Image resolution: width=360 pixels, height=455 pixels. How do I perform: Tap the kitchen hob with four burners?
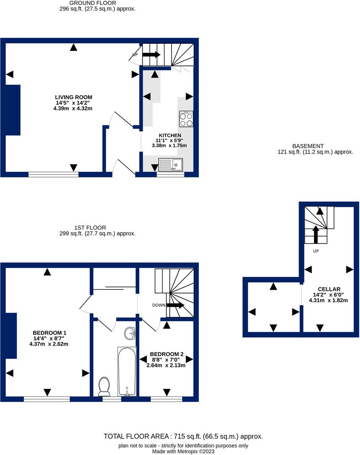pyautogui.click(x=186, y=119)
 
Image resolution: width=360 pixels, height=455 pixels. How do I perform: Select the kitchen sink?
pyautogui.click(x=170, y=165)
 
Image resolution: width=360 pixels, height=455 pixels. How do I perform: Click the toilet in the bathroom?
pyautogui.click(x=104, y=386)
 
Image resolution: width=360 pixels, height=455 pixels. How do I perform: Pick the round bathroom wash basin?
pyautogui.click(x=131, y=334)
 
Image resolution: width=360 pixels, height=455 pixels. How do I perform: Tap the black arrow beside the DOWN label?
pyautogui.click(x=176, y=305)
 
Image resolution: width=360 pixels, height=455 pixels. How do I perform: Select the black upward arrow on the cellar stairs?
pyautogui.click(x=315, y=235)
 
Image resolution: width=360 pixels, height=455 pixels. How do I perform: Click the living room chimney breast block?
pyautogui.click(x=13, y=110)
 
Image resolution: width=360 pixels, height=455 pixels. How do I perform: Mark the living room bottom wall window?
pyautogui.click(x=53, y=174)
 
